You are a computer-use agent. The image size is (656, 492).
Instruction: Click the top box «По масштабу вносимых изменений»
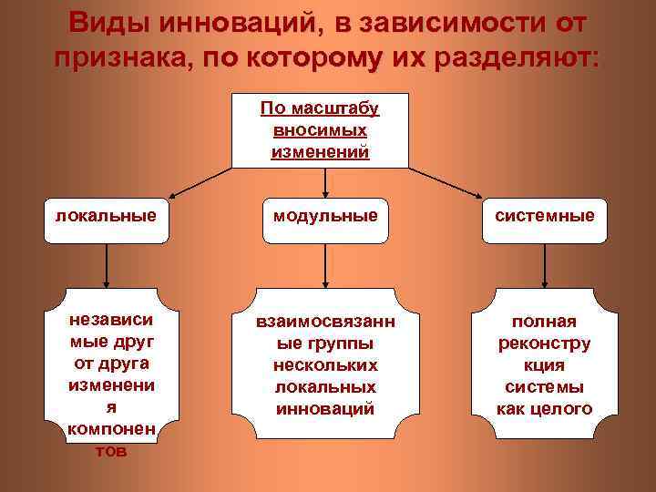click(320, 130)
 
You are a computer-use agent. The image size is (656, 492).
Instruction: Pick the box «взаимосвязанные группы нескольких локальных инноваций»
click(326, 364)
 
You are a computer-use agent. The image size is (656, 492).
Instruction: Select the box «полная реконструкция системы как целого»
click(545, 364)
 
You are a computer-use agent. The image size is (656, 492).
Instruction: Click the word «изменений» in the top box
click(320, 150)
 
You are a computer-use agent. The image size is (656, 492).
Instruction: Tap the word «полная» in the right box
click(545, 323)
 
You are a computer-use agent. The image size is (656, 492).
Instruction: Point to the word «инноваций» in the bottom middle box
click(325, 408)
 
